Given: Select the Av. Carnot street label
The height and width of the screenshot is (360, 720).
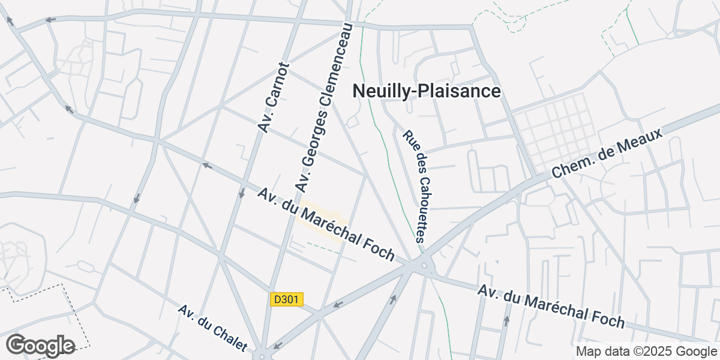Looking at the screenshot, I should coord(274,97).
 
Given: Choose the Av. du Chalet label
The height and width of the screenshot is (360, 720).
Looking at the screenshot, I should coord(212,328).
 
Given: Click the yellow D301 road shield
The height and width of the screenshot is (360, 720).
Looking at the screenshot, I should coord(286,299).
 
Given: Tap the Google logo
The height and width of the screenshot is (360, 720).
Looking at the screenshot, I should coord(40,346).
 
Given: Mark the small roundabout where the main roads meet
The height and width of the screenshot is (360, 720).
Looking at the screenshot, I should coord(424,266).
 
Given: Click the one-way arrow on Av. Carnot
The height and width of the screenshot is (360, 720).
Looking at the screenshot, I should coord(241,194).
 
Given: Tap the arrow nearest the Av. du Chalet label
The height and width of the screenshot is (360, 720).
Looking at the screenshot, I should coord(277,346).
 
